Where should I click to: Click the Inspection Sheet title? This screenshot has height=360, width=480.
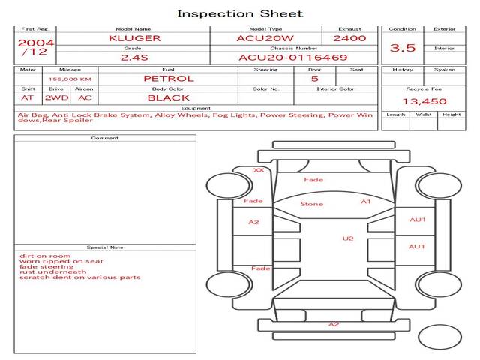pos(240,13)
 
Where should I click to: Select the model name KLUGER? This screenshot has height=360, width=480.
pos(135,38)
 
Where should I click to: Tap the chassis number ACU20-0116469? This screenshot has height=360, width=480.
pos(293,58)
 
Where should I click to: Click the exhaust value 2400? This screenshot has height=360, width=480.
pos(349,38)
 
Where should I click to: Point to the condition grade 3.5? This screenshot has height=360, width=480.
pos(403,48)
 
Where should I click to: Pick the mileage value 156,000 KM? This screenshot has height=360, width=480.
pos(70,79)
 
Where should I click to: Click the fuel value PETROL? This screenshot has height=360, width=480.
pos(169,79)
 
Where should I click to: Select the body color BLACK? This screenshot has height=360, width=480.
pos(169,98)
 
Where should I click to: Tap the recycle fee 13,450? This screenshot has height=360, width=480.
pos(424,101)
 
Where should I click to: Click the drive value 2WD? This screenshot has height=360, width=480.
pos(57,98)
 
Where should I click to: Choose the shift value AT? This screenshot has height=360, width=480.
pos(27,98)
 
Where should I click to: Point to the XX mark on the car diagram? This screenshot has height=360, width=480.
pos(259,170)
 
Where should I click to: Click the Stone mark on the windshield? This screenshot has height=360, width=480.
pos(312,204)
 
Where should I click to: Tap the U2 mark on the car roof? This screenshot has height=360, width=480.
pos(348,238)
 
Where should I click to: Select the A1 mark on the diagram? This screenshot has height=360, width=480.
pos(366,202)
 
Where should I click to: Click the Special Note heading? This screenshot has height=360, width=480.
pos(105,247)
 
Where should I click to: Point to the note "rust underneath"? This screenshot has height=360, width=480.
pos(53,271)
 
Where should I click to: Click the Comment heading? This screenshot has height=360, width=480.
pos(105,138)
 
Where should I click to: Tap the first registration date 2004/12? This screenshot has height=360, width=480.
pos(35,47)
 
